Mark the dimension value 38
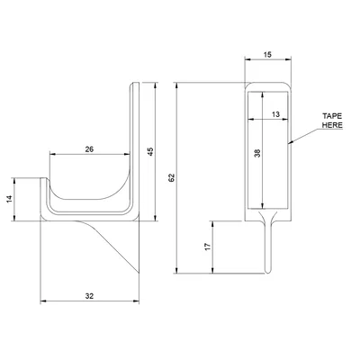(x=256, y=154)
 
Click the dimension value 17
(x=207, y=245)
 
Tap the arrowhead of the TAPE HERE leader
(x=291, y=143)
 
